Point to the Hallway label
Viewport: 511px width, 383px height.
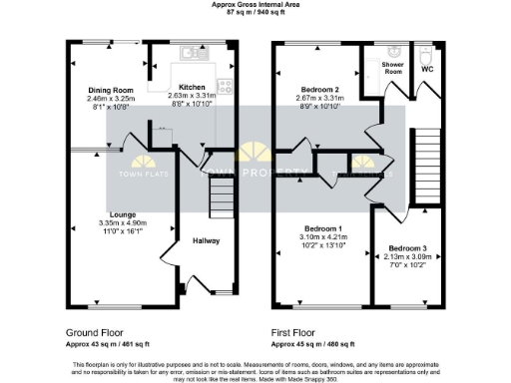tap(206, 241)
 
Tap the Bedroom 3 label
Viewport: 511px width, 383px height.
tap(408, 247)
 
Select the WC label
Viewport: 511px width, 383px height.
tap(428, 69)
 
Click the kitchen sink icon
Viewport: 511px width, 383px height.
tap(188, 53)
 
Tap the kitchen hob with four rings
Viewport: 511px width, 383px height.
tap(225, 87)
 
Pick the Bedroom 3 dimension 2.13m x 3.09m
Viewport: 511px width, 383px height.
tap(408, 256)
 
